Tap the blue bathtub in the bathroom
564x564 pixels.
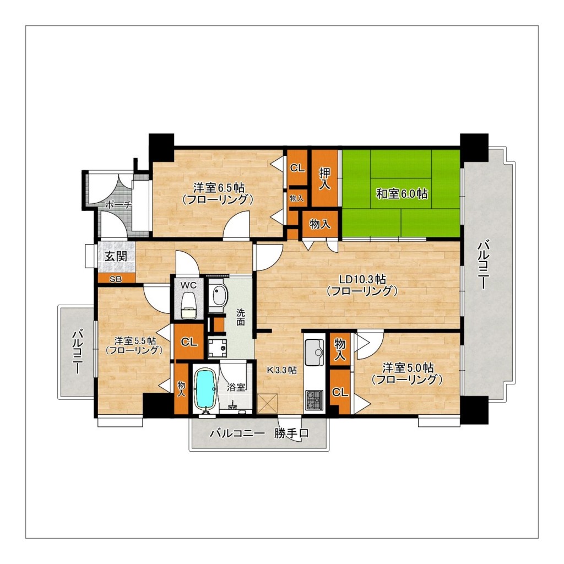[x=205, y=390]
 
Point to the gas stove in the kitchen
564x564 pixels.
[x=314, y=400]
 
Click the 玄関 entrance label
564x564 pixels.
[x=116, y=256]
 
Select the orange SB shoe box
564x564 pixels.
[x=116, y=278]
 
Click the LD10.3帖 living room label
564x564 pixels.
[x=363, y=279]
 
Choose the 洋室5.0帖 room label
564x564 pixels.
[x=408, y=368]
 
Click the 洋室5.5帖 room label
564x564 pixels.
[x=135, y=340]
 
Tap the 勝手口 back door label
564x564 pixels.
[x=291, y=433]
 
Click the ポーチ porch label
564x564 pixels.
[x=118, y=205]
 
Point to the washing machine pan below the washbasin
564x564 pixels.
[x=217, y=348]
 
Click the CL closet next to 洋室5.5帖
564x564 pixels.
[x=189, y=341]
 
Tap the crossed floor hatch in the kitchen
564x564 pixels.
[x=268, y=404]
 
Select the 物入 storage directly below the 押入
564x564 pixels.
[x=320, y=224]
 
